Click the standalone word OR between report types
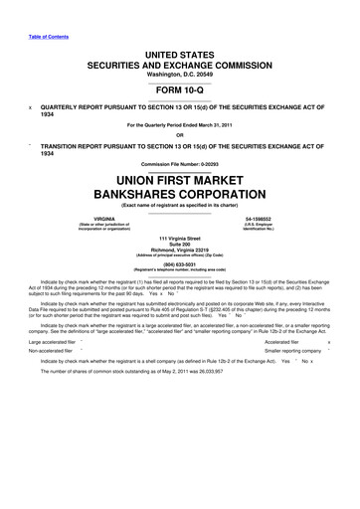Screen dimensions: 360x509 [x=180, y=135]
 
